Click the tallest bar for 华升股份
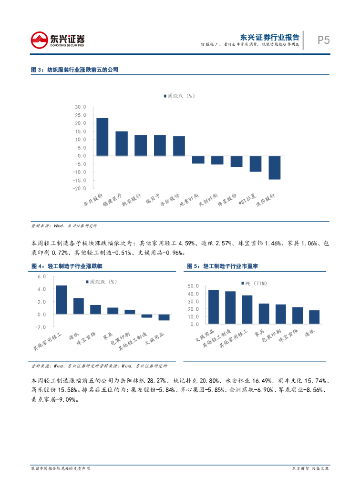pyautogui.click(x=102, y=137)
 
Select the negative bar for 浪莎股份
pyautogui.click(x=274, y=167)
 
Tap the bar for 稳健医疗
pyautogui.click(x=122, y=143)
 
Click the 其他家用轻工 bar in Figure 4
pyautogui.click(x=62, y=300)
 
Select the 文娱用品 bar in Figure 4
pyautogui.click(x=164, y=317)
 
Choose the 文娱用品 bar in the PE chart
pyautogui.click(x=200, y=307)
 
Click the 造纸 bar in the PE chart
pyautogui.click(x=314, y=317)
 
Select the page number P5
pyautogui.click(x=324, y=40)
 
